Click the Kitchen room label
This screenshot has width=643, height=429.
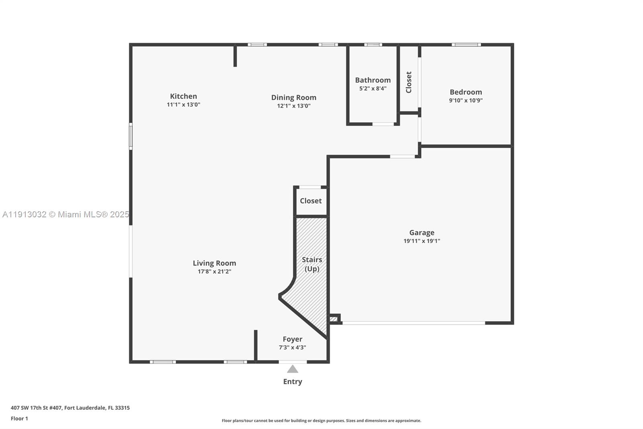[x=183, y=96]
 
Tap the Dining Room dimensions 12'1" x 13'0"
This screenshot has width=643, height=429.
[x=294, y=106]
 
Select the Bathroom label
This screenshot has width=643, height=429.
[x=373, y=80]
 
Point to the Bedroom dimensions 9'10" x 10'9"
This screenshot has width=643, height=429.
[x=465, y=101]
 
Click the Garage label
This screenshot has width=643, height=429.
[x=422, y=233]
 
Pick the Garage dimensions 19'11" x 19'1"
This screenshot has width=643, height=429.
[x=422, y=241]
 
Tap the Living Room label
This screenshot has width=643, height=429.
[x=214, y=263]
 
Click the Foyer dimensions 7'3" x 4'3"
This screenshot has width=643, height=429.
[x=292, y=347]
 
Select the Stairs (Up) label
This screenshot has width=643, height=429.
[x=312, y=264]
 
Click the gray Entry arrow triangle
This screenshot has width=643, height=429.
[x=293, y=369]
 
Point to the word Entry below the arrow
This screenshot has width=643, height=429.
[x=293, y=382]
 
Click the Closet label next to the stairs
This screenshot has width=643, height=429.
[x=311, y=201]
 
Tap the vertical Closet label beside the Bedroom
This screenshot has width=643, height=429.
[x=409, y=82]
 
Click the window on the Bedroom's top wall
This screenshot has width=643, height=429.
[x=466, y=45]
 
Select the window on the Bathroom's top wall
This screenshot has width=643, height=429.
[x=373, y=45]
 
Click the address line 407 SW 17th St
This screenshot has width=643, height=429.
[x=70, y=408]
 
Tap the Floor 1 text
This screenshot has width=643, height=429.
[x=19, y=419]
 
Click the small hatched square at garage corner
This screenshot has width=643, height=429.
[x=334, y=320]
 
